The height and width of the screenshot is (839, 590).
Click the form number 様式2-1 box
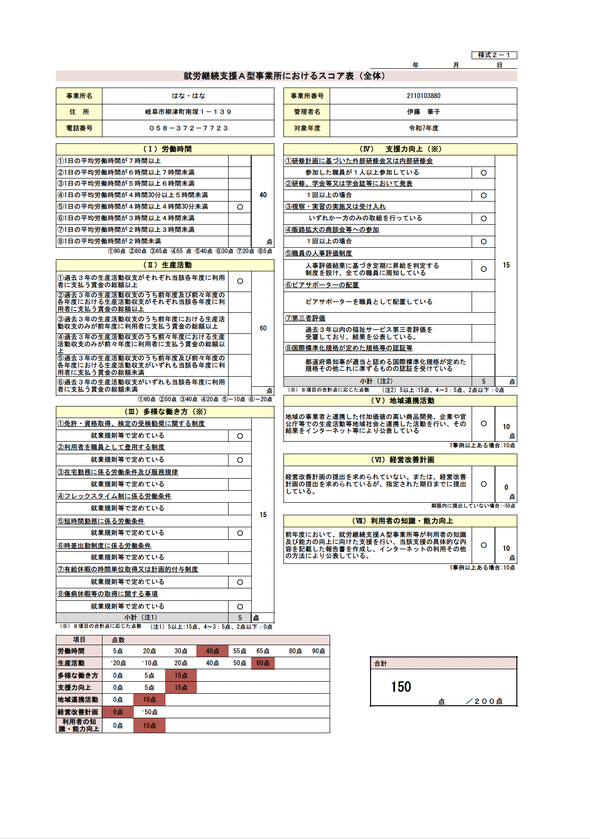coord(494,55)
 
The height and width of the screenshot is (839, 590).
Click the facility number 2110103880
coord(423,96)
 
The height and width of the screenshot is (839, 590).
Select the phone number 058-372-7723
coord(189,128)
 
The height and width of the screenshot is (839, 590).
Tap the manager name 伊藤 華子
coord(423,112)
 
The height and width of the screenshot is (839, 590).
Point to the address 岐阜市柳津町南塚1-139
coord(188,112)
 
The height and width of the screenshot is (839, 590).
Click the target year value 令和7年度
coord(423,128)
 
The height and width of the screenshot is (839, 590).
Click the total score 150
coord(401,686)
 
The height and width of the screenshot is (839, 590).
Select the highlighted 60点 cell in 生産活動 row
coord(263,663)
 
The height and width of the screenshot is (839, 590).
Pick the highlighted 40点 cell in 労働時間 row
coord(212,651)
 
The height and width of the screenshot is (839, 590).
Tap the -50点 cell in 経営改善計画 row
coord(150,712)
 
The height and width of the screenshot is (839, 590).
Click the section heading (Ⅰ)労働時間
coord(165,149)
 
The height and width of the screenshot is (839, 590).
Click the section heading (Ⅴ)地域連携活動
coord(400,401)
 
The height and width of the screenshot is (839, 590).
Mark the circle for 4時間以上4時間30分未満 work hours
coord(240,207)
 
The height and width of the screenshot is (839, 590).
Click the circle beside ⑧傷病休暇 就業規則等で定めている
coord(240,607)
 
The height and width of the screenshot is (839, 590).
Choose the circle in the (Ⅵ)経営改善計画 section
coord(484,484)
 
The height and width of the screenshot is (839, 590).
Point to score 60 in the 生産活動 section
coord(263,328)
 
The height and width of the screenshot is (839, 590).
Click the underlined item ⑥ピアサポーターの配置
coord(322,285)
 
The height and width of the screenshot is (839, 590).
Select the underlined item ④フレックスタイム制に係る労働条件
coord(115,496)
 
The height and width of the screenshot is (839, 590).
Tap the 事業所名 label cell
coord(79,96)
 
